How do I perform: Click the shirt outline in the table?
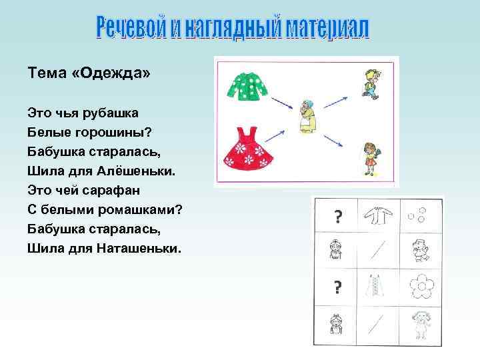(378, 216)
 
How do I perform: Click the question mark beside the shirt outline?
(337, 216)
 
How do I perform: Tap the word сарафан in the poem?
(105, 190)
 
